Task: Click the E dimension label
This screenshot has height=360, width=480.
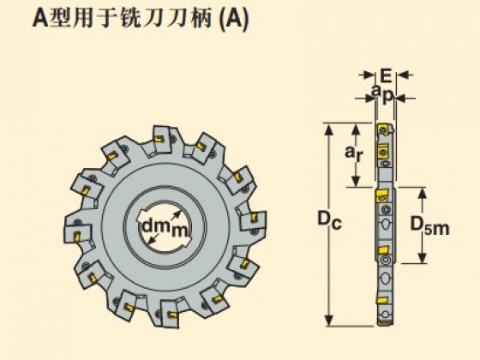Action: coord(386,75)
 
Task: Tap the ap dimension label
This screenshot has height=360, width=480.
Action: coord(381,94)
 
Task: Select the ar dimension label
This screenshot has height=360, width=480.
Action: coord(353,153)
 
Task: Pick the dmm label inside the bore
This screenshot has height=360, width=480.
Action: coord(165,228)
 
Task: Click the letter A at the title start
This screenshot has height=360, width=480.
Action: coord(40,19)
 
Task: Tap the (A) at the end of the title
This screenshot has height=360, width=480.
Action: coord(235,20)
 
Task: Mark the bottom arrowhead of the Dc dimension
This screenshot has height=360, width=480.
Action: coord(328,321)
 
